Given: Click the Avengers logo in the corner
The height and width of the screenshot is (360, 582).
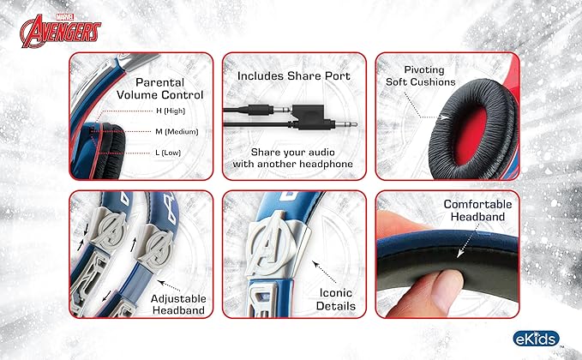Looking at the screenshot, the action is [x=60, y=31].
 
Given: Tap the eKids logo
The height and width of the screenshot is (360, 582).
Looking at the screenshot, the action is [x=536, y=339].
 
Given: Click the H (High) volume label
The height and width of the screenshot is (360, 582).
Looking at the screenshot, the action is [x=170, y=111].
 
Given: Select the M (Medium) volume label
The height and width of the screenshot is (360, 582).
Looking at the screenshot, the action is [x=177, y=132].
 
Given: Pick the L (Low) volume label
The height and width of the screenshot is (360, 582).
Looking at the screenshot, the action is [x=168, y=153].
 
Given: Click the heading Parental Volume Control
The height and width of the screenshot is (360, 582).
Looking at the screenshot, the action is [x=160, y=88].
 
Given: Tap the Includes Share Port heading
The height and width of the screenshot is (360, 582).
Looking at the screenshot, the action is [x=294, y=76].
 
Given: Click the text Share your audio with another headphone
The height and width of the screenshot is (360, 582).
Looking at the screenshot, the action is [x=293, y=158].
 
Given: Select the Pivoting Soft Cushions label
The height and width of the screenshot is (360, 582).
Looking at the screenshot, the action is [x=421, y=75].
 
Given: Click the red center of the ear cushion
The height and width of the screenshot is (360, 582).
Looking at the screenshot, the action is [x=471, y=135].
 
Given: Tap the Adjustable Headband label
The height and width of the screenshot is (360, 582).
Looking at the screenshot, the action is [x=178, y=304].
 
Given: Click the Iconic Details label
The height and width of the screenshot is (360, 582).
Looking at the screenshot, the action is [x=335, y=299].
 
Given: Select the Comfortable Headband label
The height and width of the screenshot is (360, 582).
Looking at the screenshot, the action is [x=477, y=211].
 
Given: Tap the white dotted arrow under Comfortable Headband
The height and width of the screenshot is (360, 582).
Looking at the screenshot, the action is [x=468, y=241].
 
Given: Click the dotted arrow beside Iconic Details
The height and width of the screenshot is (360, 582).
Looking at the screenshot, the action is [x=324, y=272].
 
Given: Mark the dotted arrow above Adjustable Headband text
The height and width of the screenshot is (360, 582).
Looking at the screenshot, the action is [x=169, y=285].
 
